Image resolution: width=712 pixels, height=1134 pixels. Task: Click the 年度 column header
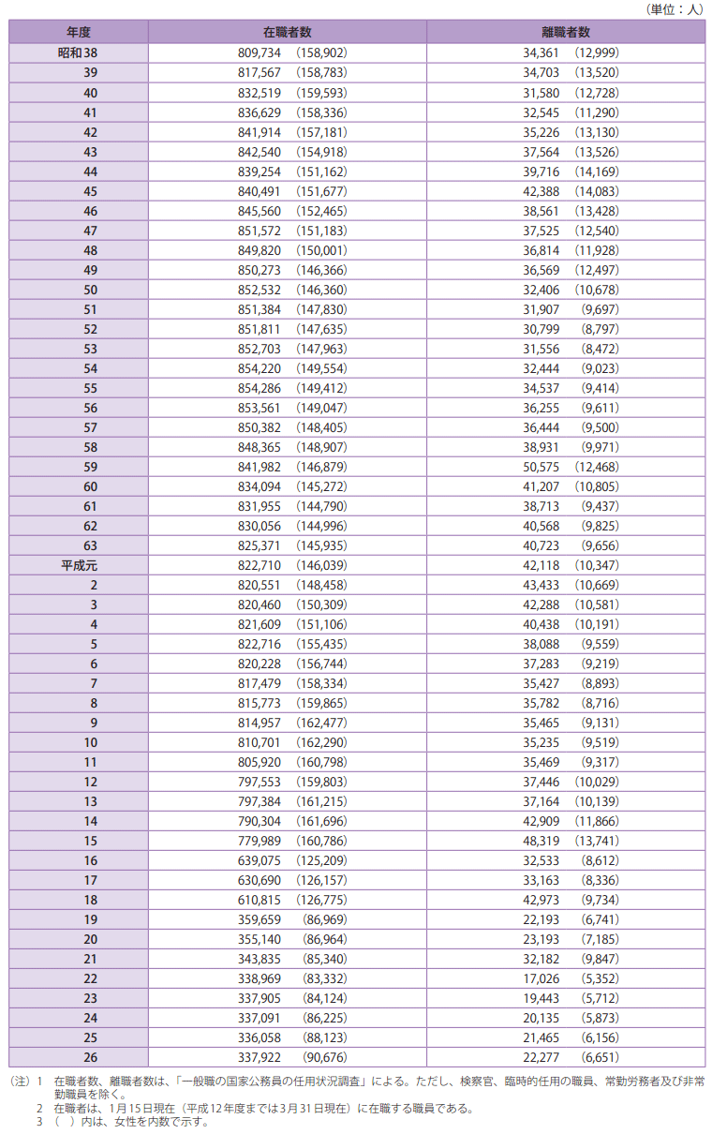pos(79,32)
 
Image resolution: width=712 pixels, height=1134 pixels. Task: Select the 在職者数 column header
pos(287,32)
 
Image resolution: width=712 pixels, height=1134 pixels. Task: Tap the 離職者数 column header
pos(566,32)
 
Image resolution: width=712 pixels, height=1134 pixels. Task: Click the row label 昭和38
pos(79,53)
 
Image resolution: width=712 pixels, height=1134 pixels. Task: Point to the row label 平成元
pos(79,565)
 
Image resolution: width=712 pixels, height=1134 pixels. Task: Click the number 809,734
pos(261,53)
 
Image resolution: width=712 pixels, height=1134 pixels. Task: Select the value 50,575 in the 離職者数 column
pos(541,467)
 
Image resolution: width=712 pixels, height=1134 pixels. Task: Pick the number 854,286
pos(261,388)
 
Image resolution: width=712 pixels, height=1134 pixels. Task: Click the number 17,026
pos(541,978)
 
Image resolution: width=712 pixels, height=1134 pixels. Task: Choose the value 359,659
pos(261,919)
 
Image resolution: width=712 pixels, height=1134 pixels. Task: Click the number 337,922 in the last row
pos(261,1057)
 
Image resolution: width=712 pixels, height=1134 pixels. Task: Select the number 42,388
pos(541,191)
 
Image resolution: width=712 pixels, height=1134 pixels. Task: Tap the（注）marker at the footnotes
pos(20,1081)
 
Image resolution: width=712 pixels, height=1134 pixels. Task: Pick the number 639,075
pos(261,860)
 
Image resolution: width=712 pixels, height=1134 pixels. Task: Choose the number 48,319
pos(541,841)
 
